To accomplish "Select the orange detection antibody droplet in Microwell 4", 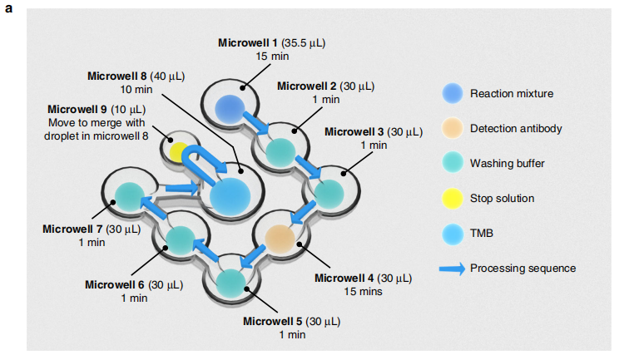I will tap(280, 239).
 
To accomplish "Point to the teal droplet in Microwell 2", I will tap(279, 151).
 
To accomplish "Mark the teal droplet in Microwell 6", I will tap(181, 241).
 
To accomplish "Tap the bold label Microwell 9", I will tap(77, 109).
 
